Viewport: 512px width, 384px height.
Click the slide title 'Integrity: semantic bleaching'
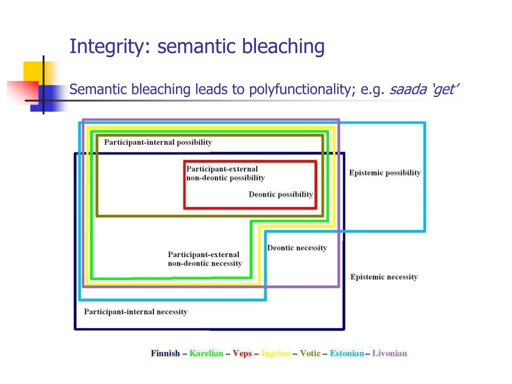tap(197, 47)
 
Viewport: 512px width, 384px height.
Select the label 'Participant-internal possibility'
tap(158, 142)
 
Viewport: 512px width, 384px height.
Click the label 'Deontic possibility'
tap(280, 194)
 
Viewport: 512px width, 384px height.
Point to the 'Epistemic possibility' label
tap(384, 173)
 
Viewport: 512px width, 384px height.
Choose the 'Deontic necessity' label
tap(297, 248)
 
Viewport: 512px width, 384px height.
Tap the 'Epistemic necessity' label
tap(383, 277)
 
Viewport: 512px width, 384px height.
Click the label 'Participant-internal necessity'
tap(135, 312)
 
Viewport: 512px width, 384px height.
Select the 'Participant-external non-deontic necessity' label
tap(204, 259)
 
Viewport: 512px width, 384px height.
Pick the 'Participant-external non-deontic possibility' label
tap(225, 173)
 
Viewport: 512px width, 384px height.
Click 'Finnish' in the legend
tap(165, 353)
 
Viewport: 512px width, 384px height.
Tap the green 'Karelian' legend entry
tap(206, 353)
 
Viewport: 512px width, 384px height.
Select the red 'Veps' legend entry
tap(242, 353)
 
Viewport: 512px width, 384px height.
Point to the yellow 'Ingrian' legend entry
tap(275, 353)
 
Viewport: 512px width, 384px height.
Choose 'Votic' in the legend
tap(310, 353)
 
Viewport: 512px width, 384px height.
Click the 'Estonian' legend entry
tap(346, 353)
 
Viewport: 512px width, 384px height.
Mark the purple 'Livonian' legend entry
tap(389, 353)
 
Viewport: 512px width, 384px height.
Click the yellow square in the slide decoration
tap(32, 71)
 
